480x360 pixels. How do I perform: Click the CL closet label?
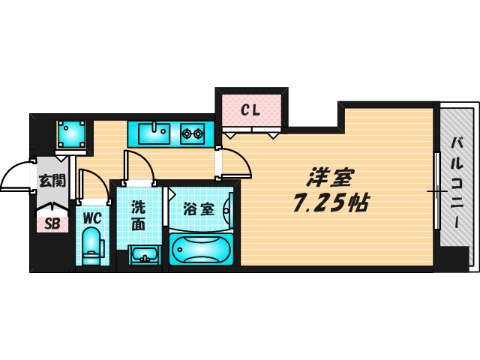pyautogui.click(x=250, y=111)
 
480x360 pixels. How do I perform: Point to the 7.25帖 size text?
pyautogui.click(x=329, y=202)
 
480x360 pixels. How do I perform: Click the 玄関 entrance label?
pyautogui.click(x=52, y=181)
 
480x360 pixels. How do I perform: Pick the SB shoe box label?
pyautogui.click(x=52, y=222)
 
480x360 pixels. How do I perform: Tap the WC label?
pyautogui.click(x=91, y=218)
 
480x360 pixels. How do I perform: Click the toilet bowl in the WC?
pyautogui.click(x=91, y=246)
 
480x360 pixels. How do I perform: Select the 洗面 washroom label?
pyautogui.click(x=139, y=214)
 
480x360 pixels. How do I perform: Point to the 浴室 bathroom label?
pyautogui.click(x=198, y=209)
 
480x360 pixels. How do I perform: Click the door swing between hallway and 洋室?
pyautogui.click(x=232, y=163)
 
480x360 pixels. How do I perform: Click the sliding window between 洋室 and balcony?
pyautogui.click(x=436, y=190)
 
